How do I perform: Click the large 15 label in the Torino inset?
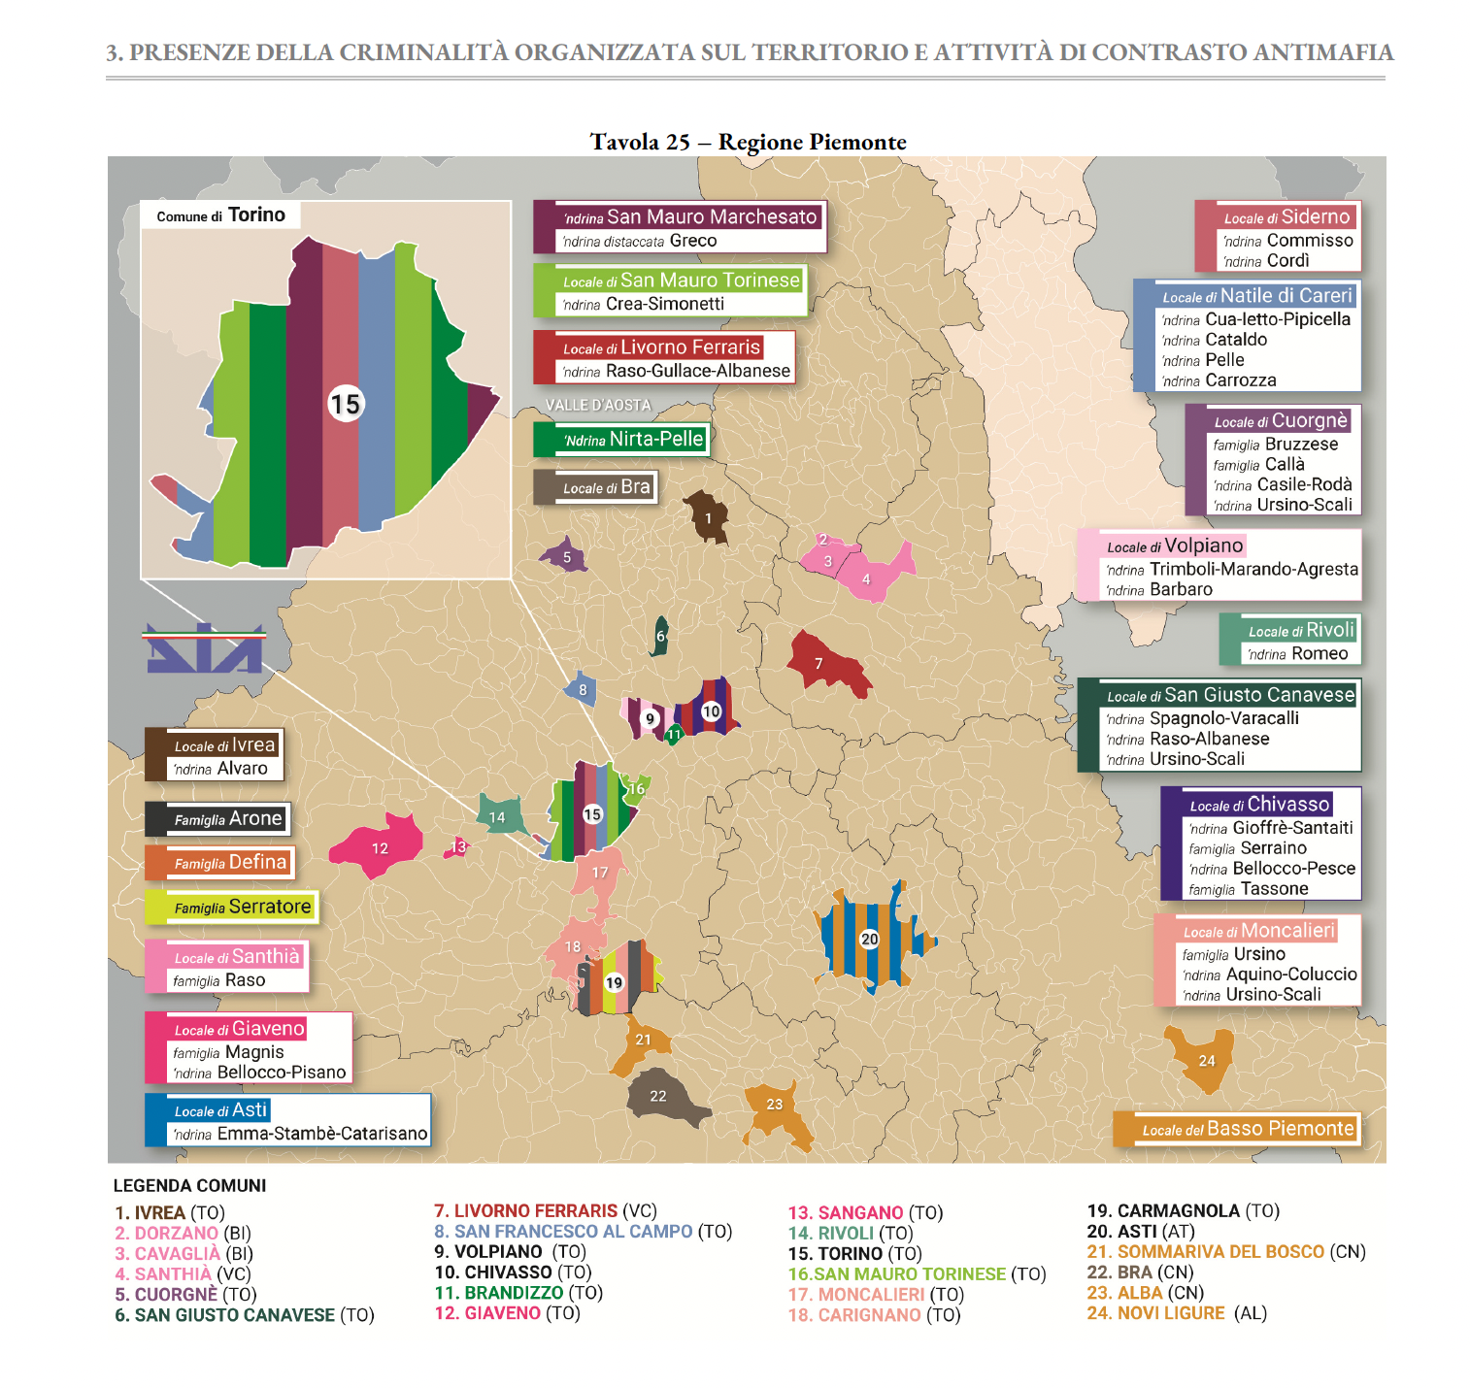pyautogui.click(x=345, y=404)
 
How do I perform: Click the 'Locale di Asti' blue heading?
pyautogui.click(x=220, y=1109)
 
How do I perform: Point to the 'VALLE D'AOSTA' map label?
pyautogui.click(x=598, y=405)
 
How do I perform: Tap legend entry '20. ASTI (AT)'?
pyautogui.click(x=1140, y=1232)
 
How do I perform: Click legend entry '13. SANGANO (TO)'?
pyautogui.click(x=864, y=1212)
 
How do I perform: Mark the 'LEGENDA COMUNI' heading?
pyautogui.click(x=189, y=1185)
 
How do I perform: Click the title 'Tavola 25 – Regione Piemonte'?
pyautogui.click(x=748, y=142)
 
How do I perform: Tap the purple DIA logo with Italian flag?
pyautogui.click(x=204, y=648)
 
